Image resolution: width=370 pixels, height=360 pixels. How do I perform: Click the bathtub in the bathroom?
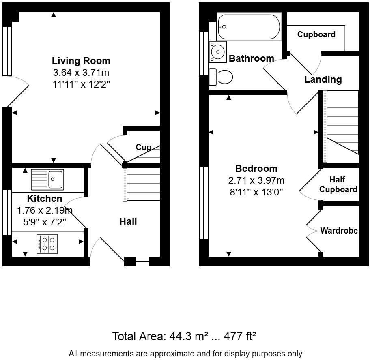pos(249,27)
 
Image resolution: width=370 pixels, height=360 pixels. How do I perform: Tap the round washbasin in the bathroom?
pos(217,52)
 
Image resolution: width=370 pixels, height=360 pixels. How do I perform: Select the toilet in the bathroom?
pos(221,77)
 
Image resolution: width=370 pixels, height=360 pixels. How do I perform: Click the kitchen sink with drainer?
pos(47,180)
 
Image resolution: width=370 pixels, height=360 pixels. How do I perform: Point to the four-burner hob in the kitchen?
pos(47,244)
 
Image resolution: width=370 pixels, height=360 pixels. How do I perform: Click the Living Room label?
pos(81,61)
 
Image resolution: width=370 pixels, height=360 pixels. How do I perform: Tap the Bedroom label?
pos(256,169)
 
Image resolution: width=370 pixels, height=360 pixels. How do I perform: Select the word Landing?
pos(323,79)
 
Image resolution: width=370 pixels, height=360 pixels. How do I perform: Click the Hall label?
pos(128,221)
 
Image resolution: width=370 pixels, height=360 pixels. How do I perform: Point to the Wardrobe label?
pos(339,231)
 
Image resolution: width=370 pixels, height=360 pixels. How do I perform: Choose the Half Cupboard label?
pos(338,184)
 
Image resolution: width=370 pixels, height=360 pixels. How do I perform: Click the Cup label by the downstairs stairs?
pos(144,147)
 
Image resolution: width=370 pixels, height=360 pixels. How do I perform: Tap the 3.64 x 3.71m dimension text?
pos(81,73)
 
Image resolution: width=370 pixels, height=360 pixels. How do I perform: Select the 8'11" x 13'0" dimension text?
pos(256,192)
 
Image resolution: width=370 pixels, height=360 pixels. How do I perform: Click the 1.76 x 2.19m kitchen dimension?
pos(45,210)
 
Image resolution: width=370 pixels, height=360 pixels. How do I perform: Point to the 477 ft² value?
pos(240,336)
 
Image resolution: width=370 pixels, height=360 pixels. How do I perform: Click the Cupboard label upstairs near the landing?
pos(316,34)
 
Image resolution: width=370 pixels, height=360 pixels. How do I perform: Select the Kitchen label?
pos(45,199)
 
